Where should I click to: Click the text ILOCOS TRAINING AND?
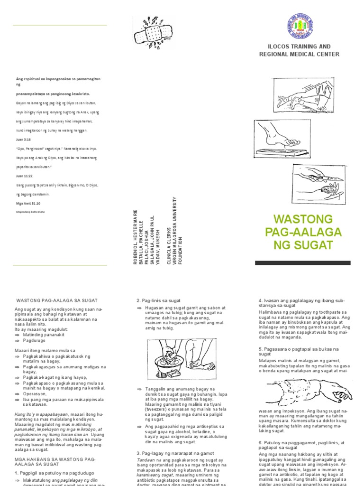[x=299, y=47]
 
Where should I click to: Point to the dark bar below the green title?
[x=303, y=262]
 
